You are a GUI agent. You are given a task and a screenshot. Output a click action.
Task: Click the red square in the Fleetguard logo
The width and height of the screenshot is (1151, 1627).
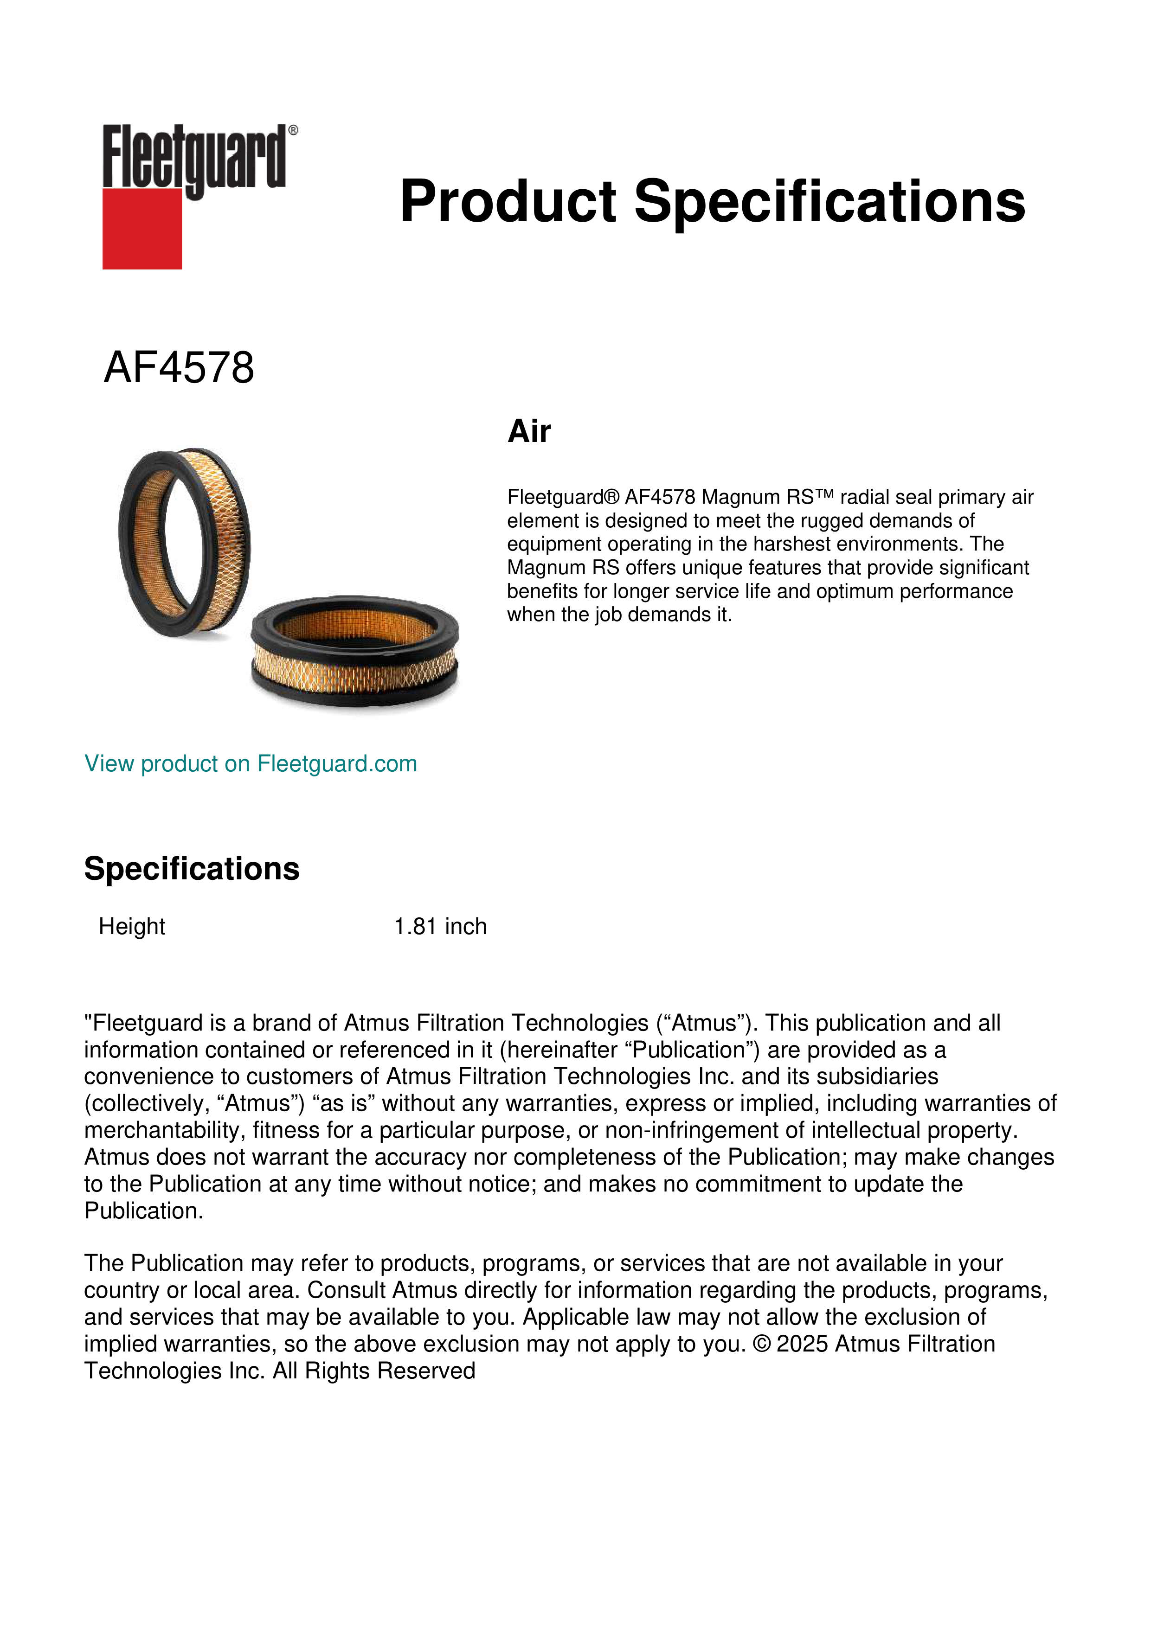click(x=142, y=229)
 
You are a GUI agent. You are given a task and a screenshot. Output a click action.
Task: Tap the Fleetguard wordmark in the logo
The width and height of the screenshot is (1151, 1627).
click(x=194, y=157)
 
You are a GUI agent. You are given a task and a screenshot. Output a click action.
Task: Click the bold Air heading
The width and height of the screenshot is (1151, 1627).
click(x=529, y=431)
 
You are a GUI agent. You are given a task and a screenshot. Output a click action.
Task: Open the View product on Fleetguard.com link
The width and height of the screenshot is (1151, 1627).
click(x=251, y=764)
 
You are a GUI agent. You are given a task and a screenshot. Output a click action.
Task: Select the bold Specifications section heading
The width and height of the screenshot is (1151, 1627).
click(x=191, y=869)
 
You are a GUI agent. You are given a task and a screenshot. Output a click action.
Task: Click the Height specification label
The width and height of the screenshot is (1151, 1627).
click(x=132, y=926)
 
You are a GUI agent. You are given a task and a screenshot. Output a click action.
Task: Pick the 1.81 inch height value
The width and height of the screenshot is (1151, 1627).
click(x=440, y=926)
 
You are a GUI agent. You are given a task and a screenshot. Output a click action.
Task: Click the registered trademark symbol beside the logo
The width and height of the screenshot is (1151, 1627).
click(x=293, y=130)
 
